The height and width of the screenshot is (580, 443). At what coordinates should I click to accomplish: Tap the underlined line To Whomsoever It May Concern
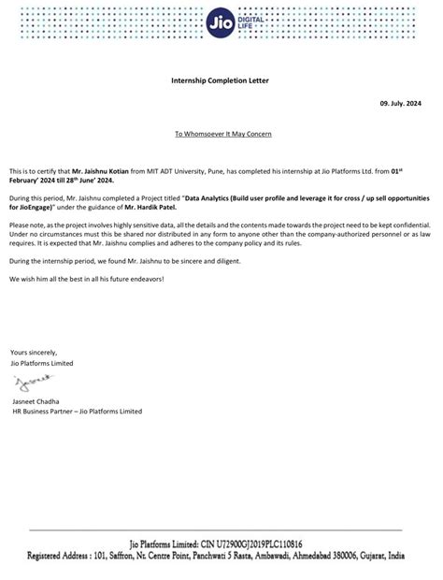pos(222,134)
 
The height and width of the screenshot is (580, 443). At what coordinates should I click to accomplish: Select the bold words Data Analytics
pos(209,199)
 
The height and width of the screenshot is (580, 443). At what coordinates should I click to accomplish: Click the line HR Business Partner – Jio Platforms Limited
pos(76,410)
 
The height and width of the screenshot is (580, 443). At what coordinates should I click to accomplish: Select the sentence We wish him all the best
pos(85,280)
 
